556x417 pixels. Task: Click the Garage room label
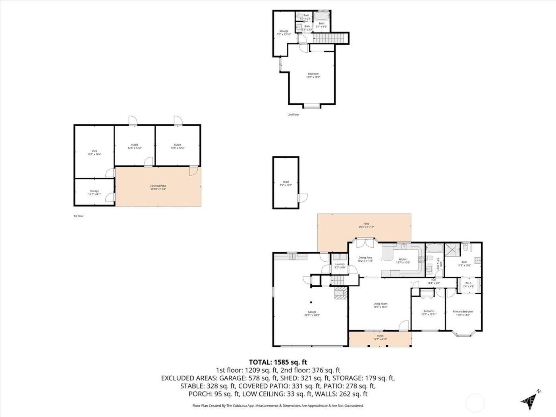[x=310, y=314]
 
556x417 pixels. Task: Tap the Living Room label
[x=380, y=305]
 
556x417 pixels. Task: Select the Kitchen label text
[x=403, y=261]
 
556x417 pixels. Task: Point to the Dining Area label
[x=365, y=259]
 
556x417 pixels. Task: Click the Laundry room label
[x=340, y=266]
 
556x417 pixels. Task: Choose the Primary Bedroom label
[x=463, y=313]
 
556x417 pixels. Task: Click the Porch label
[x=380, y=338]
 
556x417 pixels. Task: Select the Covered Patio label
[x=158, y=187]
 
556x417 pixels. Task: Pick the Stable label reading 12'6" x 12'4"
[x=135, y=146]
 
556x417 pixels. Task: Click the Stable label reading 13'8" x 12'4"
[x=178, y=146]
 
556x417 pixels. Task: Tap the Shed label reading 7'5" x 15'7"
[x=286, y=183]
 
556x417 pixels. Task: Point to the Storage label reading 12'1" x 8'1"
[x=94, y=193]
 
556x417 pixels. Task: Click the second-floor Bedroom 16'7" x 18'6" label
[x=313, y=75]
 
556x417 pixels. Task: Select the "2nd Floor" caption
[x=293, y=114]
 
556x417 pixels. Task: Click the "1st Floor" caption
[x=79, y=216]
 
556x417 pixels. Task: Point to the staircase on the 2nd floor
[x=328, y=39]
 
